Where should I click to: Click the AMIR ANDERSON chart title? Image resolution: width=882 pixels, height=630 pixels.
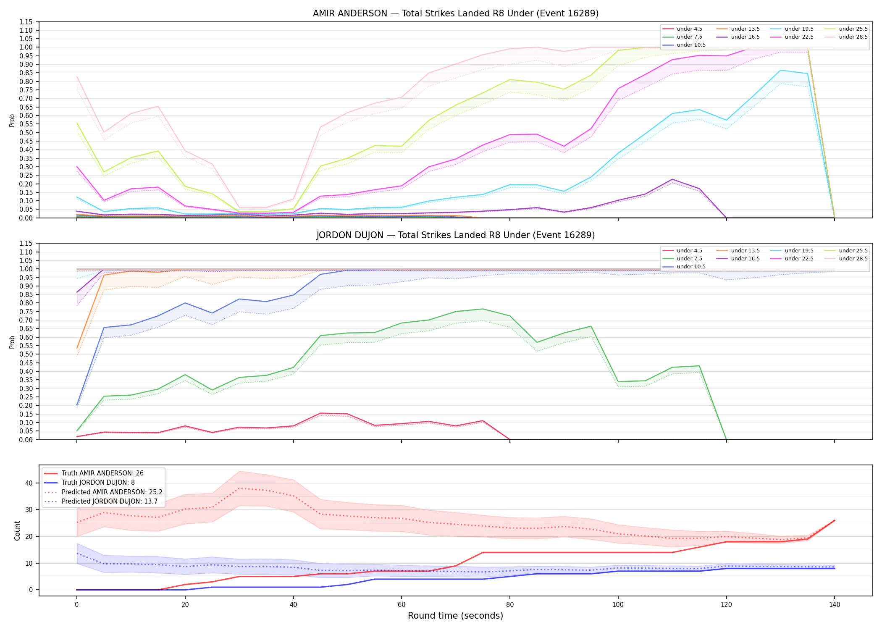[456, 13]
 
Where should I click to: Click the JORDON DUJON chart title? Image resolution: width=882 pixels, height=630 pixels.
[456, 235]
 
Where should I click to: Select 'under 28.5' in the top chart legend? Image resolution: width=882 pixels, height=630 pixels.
[853, 37]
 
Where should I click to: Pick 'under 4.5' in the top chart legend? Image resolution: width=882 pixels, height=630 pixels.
[689, 29]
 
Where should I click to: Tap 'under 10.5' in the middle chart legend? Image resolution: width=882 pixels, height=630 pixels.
[691, 267]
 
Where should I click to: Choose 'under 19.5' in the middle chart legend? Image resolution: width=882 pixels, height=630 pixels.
[799, 251]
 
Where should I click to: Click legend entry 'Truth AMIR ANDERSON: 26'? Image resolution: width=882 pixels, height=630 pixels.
[102, 473]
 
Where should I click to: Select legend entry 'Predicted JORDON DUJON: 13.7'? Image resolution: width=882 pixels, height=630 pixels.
[109, 501]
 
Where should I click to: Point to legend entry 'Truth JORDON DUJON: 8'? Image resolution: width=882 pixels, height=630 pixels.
[98, 483]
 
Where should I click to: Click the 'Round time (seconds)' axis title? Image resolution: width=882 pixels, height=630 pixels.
[455, 616]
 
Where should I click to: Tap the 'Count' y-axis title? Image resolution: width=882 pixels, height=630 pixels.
[17, 530]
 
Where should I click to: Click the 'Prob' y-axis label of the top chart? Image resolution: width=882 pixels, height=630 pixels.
[12, 120]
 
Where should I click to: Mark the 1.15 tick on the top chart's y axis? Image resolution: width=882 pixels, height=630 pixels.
[26, 22]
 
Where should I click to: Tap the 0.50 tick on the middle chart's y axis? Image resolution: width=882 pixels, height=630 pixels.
[26, 354]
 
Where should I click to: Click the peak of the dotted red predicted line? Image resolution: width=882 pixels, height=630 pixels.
[239, 488]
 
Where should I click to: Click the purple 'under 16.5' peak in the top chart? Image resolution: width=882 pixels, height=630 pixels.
[672, 179]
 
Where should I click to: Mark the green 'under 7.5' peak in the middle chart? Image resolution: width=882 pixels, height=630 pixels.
[483, 309]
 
